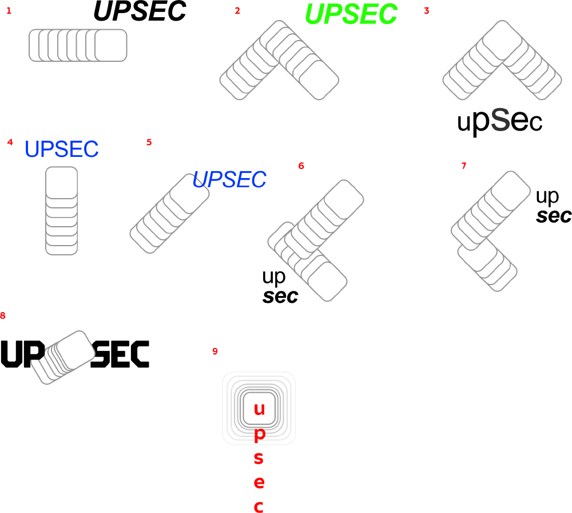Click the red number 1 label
coord(9,11)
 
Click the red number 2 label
coord(237,11)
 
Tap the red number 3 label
coord(427,11)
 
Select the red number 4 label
coord(10,142)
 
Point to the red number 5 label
coord(149,142)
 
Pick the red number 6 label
coord(301,166)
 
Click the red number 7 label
coord(464,166)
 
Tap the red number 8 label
coord(3,315)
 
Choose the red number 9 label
coord(215,352)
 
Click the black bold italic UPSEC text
coord(140,11)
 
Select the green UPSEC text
coord(351,14)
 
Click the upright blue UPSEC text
coord(62,149)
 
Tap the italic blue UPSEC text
coord(229,180)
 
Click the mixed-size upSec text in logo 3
coord(499,121)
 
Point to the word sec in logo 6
coord(280,297)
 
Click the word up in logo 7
coord(547,196)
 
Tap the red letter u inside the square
coord(259,409)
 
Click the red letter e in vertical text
coord(259,482)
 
